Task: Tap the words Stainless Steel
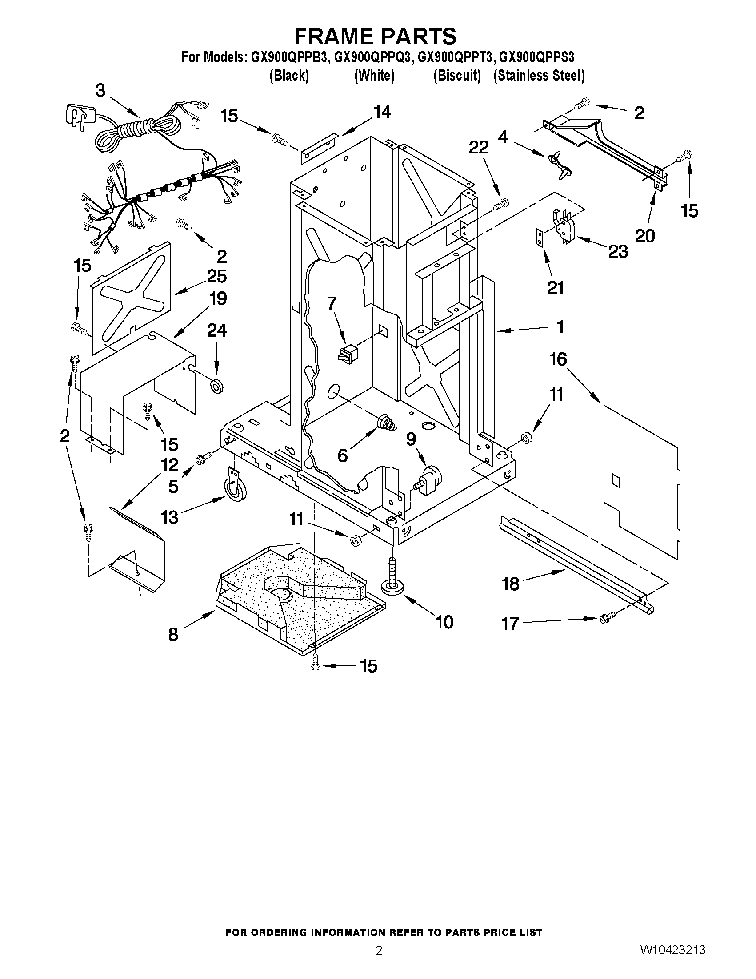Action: coord(539,76)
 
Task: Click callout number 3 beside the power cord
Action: coord(100,91)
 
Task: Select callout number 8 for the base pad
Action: coord(173,634)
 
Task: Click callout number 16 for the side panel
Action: coord(558,359)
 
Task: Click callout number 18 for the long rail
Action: coord(511,584)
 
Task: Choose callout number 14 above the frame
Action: coord(382,112)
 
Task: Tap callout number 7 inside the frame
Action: coord(331,303)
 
